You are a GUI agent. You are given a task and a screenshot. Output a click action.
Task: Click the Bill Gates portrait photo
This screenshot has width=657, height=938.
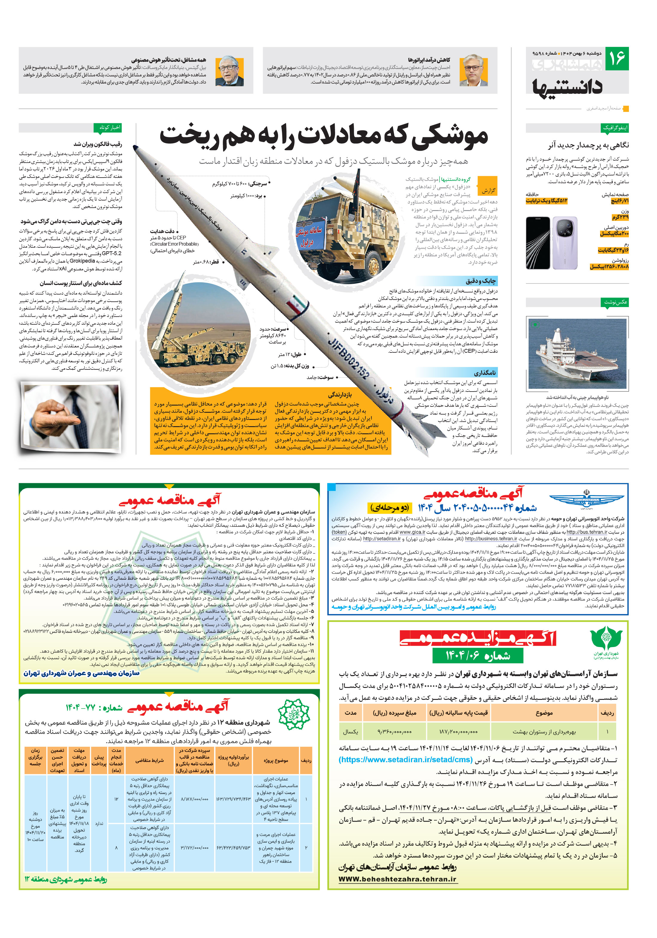229,71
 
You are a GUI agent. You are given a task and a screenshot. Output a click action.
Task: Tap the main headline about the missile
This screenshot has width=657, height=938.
323,136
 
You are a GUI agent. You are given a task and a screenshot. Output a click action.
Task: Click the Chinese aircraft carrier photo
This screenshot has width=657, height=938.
577,353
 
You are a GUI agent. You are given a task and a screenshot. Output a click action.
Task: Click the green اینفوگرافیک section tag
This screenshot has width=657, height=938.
615,128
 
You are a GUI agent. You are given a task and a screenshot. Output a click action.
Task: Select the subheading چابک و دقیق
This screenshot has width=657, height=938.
481,281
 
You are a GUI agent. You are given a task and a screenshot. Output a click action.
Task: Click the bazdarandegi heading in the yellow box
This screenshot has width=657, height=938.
340,395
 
